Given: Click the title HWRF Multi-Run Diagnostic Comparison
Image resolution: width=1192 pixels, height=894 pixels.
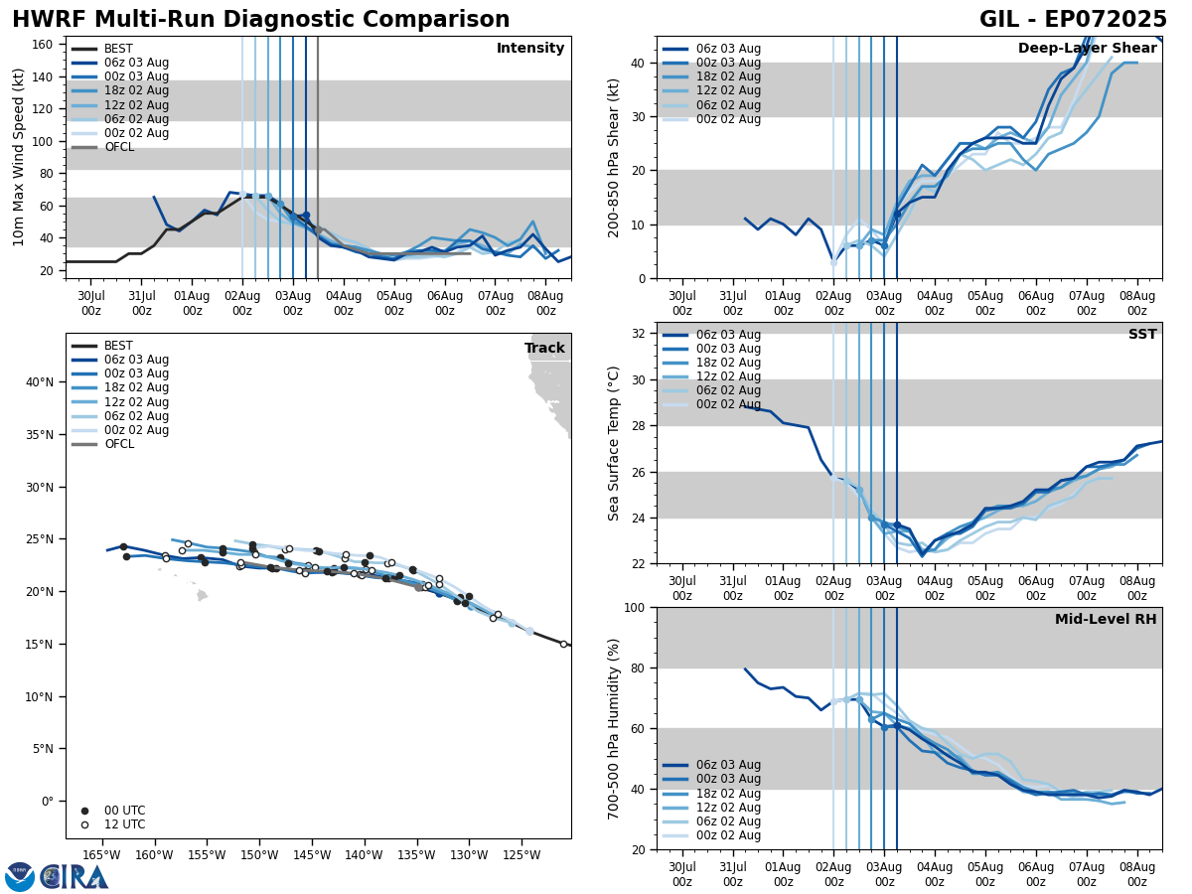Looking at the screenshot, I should coord(260,20).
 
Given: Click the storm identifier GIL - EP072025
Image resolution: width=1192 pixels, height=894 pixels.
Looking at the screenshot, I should coord(1073,20).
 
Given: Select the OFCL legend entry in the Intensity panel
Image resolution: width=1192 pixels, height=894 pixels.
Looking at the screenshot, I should coord(118,147).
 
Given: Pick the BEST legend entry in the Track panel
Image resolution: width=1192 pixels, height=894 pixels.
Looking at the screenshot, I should coord(118,346).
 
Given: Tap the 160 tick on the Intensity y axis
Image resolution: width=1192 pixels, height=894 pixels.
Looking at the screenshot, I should coord(45,44).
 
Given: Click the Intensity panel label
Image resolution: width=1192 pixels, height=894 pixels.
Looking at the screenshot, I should coord(529,49).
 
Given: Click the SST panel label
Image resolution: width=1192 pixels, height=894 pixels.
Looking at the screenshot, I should coord(1141,335).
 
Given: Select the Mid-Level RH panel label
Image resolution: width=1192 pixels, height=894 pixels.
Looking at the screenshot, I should coord(1105,620).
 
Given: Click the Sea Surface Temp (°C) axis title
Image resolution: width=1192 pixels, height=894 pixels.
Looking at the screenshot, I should coord(615,443).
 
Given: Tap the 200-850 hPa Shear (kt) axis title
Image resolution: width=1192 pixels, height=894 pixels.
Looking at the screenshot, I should coord(615,157).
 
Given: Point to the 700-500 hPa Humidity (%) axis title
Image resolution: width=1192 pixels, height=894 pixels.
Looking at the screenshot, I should coord(615,728).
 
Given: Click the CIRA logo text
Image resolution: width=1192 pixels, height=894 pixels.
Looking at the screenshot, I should coord(74,877).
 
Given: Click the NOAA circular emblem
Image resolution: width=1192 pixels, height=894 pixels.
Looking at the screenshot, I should coord(19,877).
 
